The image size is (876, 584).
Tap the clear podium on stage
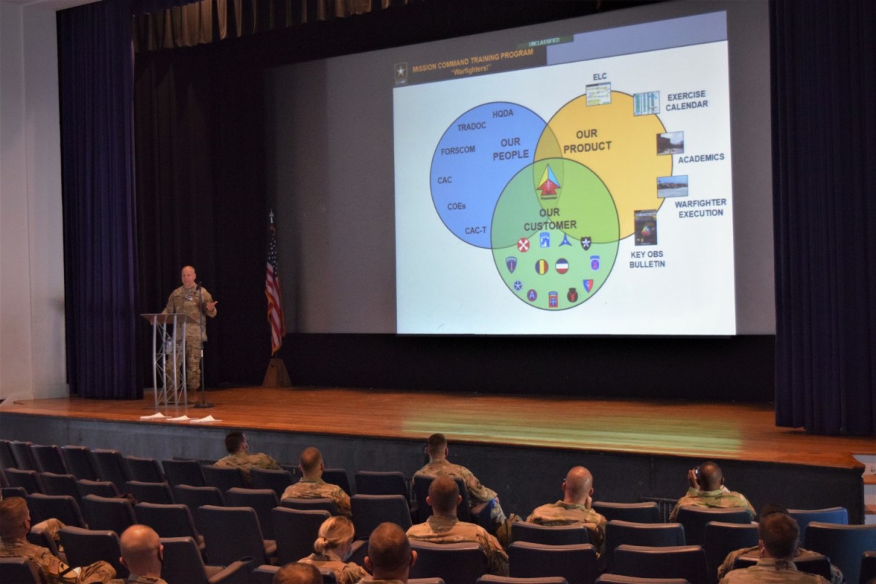coord(169,358)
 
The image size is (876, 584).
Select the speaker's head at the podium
coord(188,276)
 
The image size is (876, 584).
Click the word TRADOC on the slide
coord(472,127)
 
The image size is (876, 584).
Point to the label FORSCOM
coord(458,150)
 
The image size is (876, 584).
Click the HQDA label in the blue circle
coord(503,114)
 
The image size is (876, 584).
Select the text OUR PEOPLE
coord(510,149)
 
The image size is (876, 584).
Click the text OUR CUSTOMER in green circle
coord(550,219)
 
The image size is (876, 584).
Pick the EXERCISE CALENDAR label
coord(686,100)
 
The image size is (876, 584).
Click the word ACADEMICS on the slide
coord(701,158)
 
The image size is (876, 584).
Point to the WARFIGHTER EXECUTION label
coord(700,208)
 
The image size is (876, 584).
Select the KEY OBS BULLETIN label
coord(647,259)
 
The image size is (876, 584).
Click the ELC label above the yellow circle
coord(599,77)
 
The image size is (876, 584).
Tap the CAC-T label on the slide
coord(477,231)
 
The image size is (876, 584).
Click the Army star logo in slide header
coord(401,72)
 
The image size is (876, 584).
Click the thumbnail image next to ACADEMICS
coord(669,143)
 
